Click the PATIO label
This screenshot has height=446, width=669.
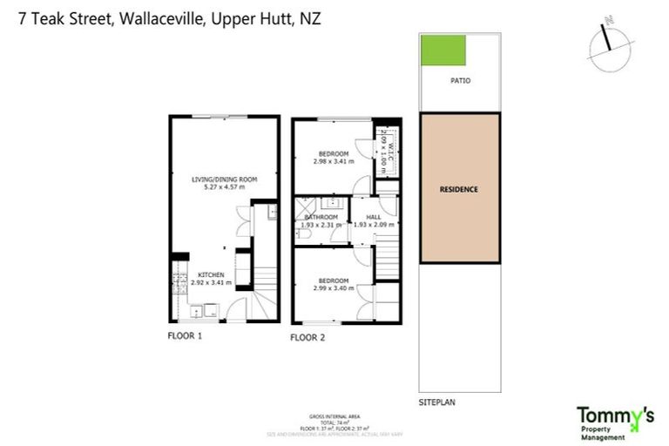click(460, 80)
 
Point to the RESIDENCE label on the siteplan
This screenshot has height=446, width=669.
click(458, 189)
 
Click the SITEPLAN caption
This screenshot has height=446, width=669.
click(437, 402)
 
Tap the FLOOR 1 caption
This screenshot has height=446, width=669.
click(185, 334)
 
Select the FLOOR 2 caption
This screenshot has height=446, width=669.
click(307, 336)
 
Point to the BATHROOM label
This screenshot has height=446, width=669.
click(321, 217)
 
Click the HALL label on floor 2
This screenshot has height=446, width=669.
click(373, 217)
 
